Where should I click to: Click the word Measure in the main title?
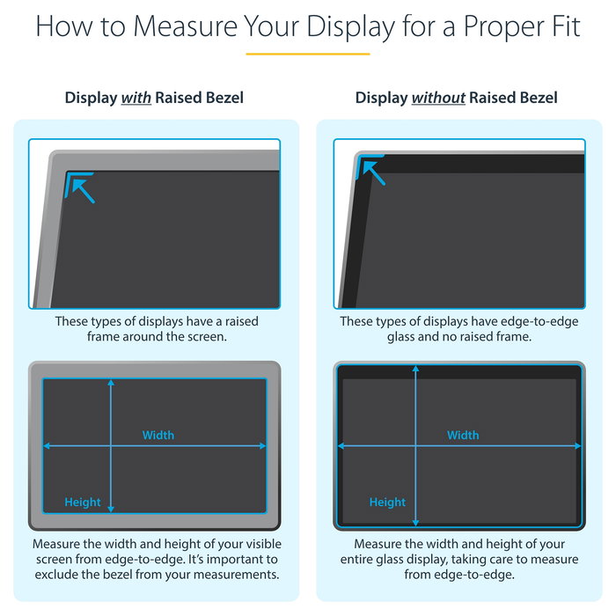pos(186,26)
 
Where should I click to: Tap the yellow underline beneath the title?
pos(308,54)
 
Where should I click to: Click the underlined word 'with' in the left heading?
pos(136,98)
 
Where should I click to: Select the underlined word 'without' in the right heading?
pos(438,98)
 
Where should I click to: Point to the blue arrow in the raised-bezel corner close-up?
pos(84,191)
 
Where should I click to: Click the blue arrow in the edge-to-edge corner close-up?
pos(374,172)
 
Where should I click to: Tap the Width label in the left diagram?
pos(158,436)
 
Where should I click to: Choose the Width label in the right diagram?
pos(463,436)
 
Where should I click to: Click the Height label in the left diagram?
pos(83,502)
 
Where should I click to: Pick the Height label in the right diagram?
pos(387,502)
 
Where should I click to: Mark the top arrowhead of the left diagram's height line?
pos(111,383)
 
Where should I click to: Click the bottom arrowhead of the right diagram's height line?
pos(415,523)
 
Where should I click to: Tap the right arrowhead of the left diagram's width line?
pos(263,446)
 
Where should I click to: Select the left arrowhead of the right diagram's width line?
pos(341,446)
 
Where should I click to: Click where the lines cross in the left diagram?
pos(111,446)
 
